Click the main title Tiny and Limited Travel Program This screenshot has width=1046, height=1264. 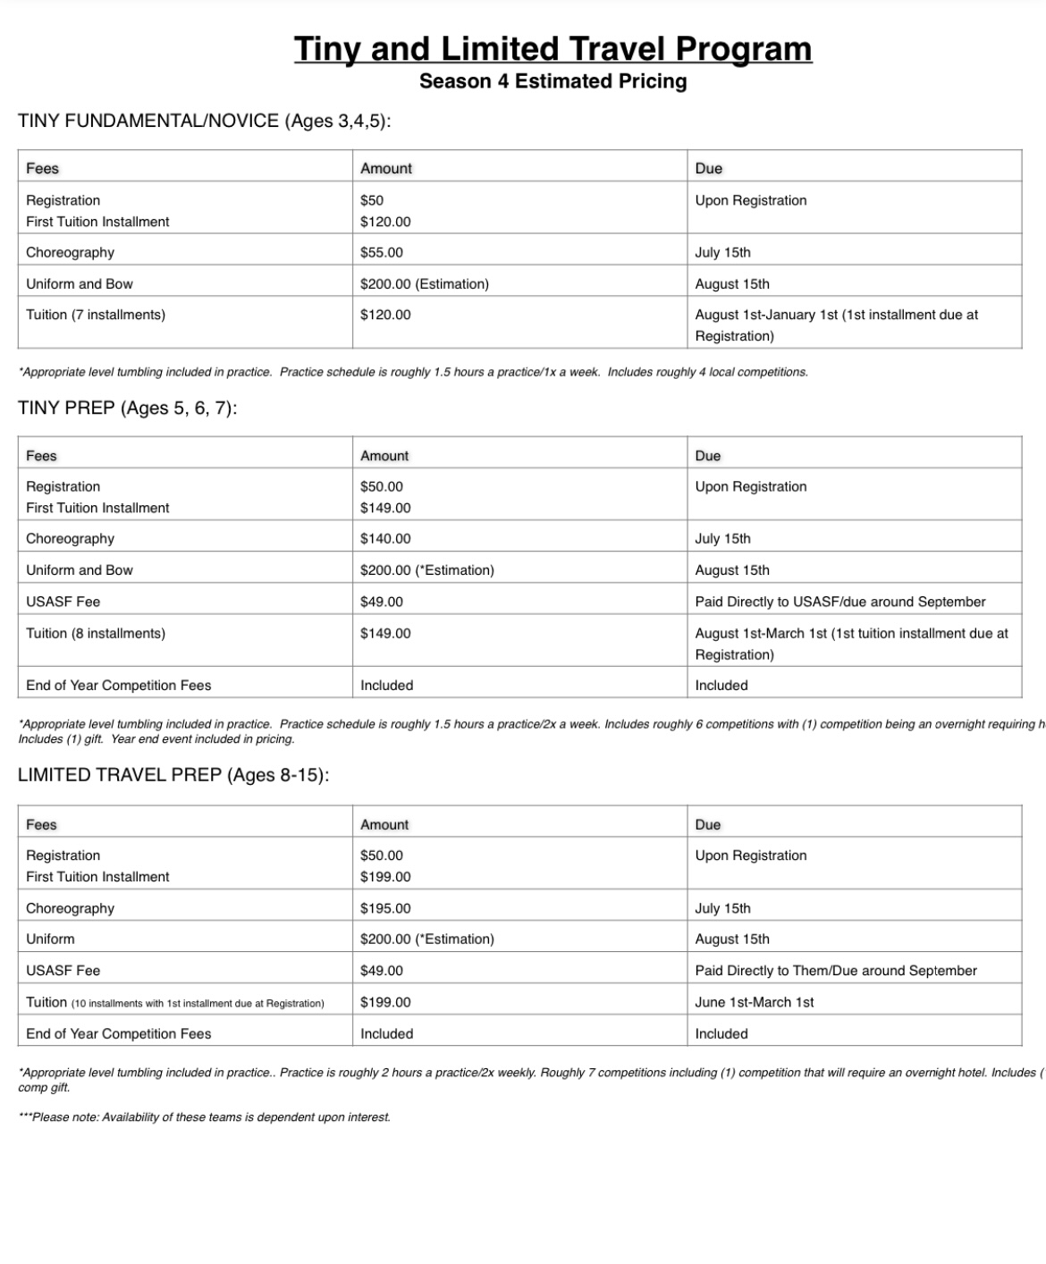pos(553,48)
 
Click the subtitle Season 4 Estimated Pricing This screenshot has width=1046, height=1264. pos(553,81)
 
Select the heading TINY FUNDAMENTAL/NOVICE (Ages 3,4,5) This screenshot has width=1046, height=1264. pos(204,121)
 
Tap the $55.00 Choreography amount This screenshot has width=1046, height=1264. pos(382,252)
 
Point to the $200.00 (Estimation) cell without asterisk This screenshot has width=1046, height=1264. pos(424,284)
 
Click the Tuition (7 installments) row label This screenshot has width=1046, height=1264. pos(96,315)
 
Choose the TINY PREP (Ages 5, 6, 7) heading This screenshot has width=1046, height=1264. pos(127,409)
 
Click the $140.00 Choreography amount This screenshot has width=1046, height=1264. pos(385,539)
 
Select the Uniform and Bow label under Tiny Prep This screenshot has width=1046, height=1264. pos(80,570)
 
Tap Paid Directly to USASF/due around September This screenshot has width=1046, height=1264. pos(839,602)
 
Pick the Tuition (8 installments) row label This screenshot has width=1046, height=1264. pos(96,634)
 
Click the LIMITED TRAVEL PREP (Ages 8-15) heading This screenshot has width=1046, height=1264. pos(173,775)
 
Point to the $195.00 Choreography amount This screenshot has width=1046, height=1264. pos(385,908)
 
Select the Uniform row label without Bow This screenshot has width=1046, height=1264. pos(50,940)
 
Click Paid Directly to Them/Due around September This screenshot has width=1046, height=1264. pos(835,971)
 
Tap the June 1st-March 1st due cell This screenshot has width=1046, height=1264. pos(754,1002)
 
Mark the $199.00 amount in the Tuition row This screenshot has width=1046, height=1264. pos(385,1002)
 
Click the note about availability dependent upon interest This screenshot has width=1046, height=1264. pos(204,1117)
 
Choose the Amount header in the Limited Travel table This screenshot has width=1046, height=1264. pos(384,825)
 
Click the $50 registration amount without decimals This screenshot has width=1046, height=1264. pos(372,200)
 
